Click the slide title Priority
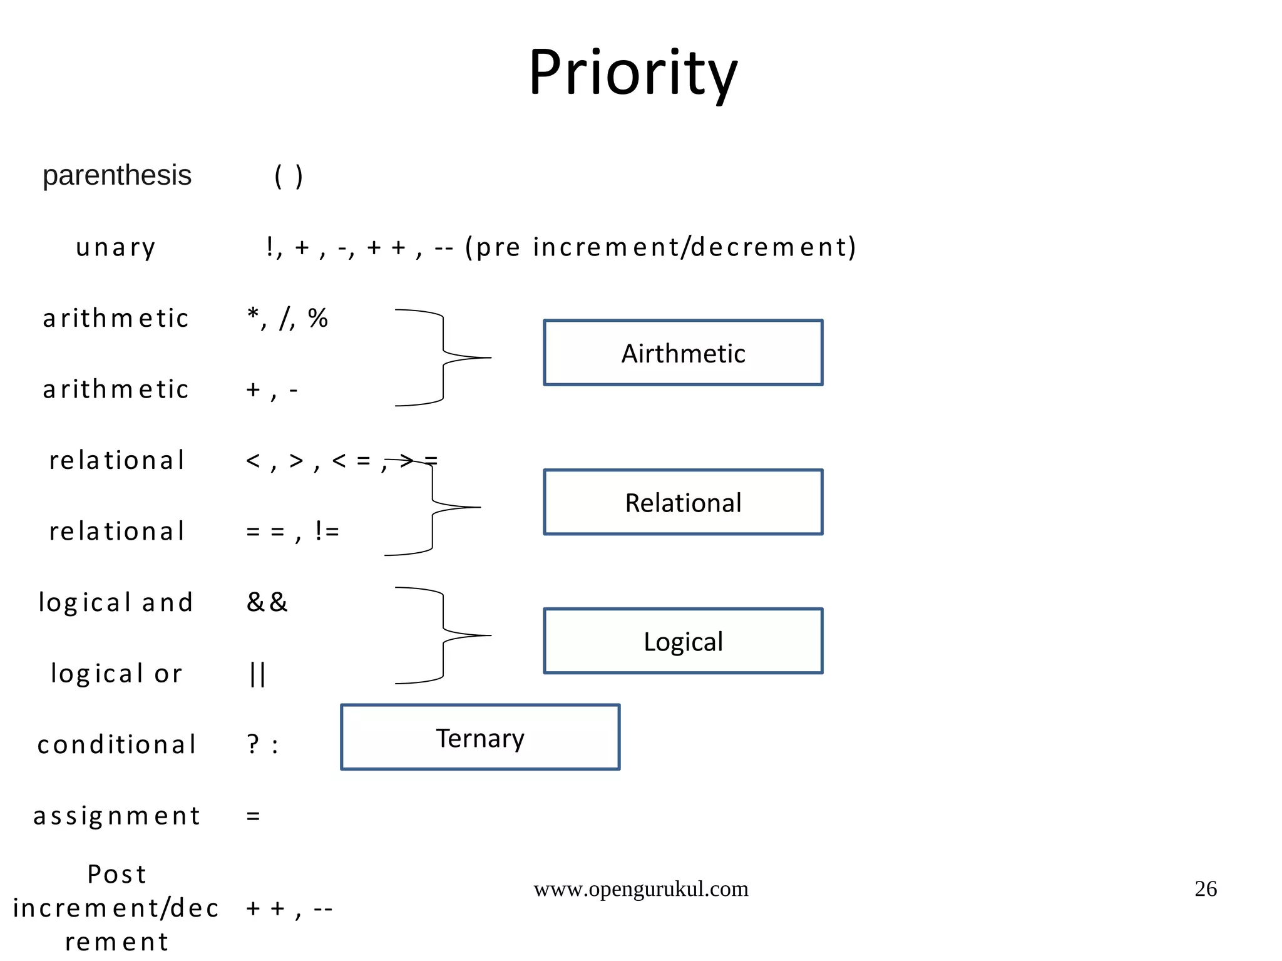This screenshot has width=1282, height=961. [633, 74]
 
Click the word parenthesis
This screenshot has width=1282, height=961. [117, 175]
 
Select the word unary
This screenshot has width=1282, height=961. [116, 247]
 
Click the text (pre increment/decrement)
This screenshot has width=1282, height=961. [660, 247]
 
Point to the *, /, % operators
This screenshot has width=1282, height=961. [287, 318]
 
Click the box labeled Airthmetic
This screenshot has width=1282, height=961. [683, 353]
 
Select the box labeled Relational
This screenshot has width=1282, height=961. [683, 502]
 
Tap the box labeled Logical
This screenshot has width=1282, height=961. [683, 641]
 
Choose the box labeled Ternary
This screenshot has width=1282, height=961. [480, 737]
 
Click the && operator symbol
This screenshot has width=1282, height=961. [267, 602]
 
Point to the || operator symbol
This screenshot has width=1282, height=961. [257, 674]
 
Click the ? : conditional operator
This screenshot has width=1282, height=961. [262, 744]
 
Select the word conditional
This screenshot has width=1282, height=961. [117, 744]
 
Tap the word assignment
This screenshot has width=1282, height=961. [117, 816]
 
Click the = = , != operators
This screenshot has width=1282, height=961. [292, 532]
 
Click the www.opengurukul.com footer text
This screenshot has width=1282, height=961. [640, 888]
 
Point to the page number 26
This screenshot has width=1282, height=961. [1206, 888]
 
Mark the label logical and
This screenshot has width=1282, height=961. [116, 602]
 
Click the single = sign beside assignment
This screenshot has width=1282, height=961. [253, 816]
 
